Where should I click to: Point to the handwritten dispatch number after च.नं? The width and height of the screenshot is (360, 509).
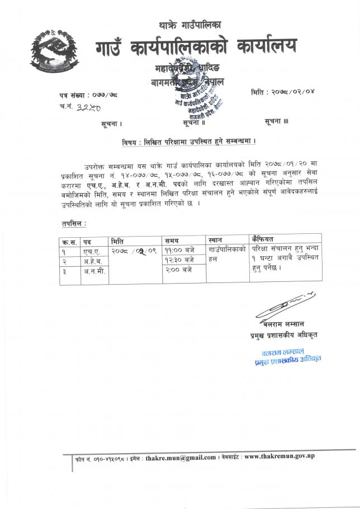85,106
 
